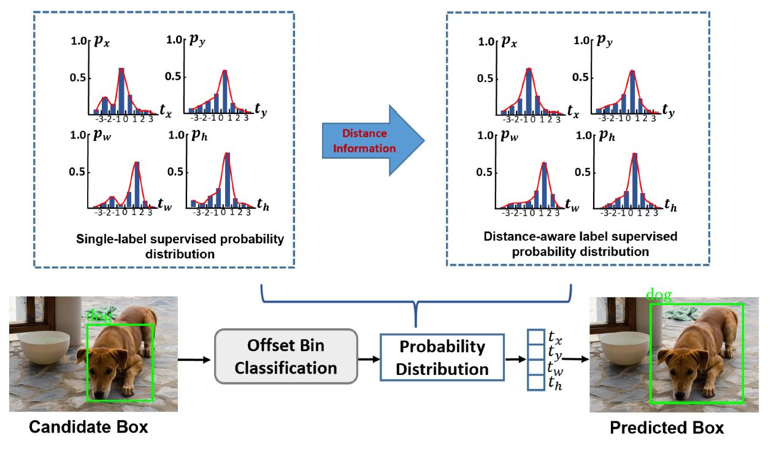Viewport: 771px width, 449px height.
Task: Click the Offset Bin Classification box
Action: coord(285,357)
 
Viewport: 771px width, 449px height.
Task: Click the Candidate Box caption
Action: coord(90,427)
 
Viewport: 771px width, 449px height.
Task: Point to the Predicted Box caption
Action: coord(667,428)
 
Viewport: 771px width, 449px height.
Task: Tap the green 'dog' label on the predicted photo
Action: coord(658,296)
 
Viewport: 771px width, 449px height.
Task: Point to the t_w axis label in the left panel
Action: coord(163,205)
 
